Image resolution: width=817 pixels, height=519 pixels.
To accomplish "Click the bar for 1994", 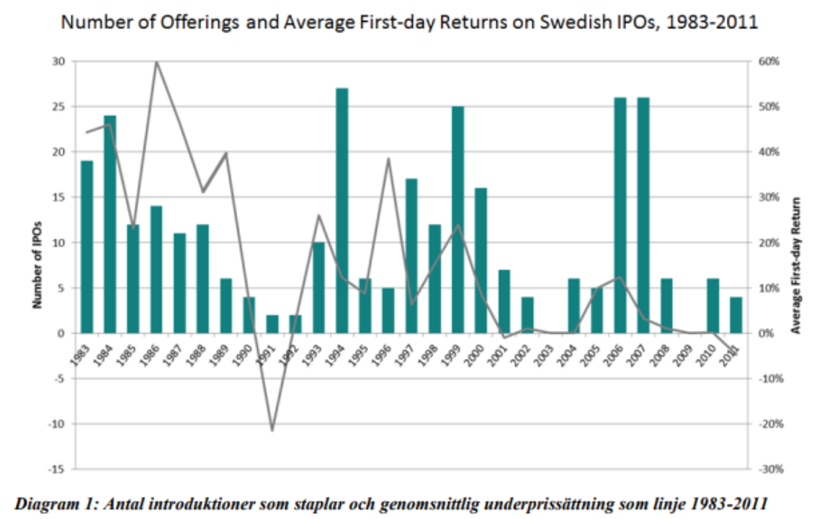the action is pos(341,210).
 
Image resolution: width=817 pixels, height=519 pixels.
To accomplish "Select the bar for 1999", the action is pos(458,219).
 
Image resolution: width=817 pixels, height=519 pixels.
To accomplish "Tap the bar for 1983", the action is pos(87,247).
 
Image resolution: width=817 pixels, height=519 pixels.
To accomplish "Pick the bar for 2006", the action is pos(620,216).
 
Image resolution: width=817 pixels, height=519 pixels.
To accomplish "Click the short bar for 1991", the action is pos(272,324).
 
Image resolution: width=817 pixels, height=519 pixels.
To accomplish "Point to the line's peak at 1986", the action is pos(156,62).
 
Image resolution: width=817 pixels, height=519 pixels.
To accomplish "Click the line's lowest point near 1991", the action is pos(272,430).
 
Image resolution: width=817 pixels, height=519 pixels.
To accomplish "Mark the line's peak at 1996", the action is pos(388,159).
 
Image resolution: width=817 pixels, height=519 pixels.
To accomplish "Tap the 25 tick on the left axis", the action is pos(58,107).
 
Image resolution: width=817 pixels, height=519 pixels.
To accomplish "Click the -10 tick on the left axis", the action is pos(56,424).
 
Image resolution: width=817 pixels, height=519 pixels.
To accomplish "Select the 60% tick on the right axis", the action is pos(769,61).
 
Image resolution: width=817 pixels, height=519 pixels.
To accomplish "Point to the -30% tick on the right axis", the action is pos(771,469).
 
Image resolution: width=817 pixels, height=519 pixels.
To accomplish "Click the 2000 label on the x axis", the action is pos(476,356).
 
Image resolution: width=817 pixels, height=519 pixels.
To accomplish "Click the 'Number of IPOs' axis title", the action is pos(37,265).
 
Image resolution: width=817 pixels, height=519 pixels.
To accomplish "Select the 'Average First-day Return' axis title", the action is pos(795,265).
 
